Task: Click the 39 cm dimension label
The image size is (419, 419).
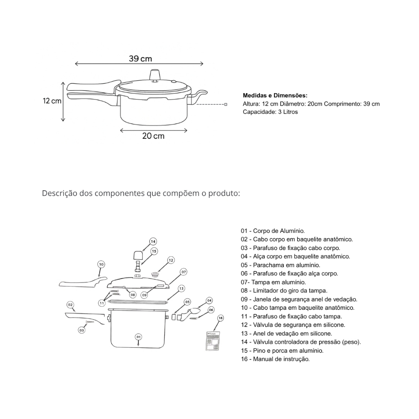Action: coord(140,59)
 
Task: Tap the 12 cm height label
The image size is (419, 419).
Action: coord(52,101)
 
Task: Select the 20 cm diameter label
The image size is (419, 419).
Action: coord(153,136)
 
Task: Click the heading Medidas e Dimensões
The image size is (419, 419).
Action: coord(275,95)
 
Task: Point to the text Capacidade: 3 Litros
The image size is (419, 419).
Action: coord(270,112)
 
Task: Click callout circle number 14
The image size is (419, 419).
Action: coord(153,241)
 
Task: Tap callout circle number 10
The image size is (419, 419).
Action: coord(101,264)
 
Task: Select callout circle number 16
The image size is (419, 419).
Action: coord(220,318)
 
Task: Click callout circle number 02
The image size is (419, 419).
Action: coord(70,304)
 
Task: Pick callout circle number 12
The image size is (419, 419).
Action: coord(171,260)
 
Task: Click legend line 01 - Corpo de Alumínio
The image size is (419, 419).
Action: coord(273,231)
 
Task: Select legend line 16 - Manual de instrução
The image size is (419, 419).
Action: coord(275,359)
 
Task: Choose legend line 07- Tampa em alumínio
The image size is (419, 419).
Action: coord(273,282)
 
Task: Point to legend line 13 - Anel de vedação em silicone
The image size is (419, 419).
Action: coord(286,333)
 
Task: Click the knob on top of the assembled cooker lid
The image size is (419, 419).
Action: coord(155,76)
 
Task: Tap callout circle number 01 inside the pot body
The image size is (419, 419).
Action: coord(139,337)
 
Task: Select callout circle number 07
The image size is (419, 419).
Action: coord(184,272)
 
